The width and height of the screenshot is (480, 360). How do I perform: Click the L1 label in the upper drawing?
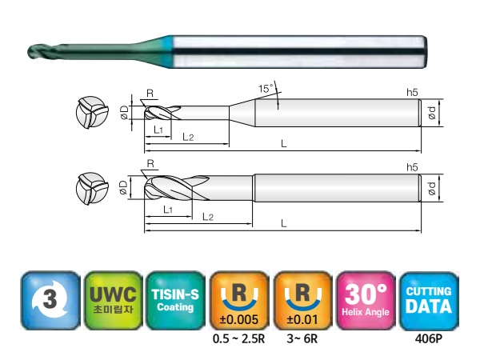[158, 130]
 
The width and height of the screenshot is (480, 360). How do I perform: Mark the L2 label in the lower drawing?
[206, 217]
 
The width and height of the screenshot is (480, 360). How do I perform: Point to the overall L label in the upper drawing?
[284, 144]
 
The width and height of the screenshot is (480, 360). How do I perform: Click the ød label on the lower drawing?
[433, 188]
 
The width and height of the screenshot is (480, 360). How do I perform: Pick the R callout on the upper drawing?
[150, 92]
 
